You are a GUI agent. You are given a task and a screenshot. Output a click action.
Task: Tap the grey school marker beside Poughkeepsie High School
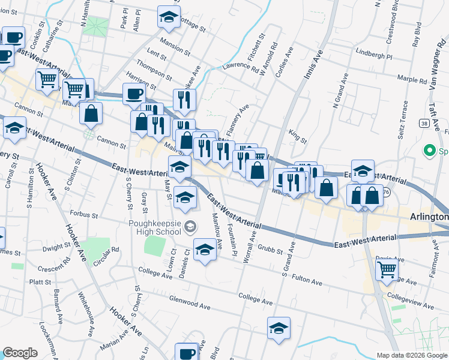click(x=190, y=226)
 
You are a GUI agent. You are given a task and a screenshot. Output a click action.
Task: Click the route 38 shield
click(x=424, y=124)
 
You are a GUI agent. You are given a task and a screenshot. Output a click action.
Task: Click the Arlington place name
click(x=429, y=217)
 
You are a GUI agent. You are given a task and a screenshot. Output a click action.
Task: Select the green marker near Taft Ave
click(x=429, y=150)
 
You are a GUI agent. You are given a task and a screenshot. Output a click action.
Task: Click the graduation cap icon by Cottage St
click(x=169, y=17)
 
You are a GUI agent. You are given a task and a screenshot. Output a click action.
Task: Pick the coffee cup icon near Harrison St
click(x=133, y=94)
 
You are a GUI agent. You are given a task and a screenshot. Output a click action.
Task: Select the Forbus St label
click(x=83, y=214)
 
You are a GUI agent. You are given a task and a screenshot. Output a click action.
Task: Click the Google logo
click(x=20, y=353)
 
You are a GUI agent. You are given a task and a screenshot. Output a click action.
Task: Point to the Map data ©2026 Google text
click(x=411, y=355)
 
